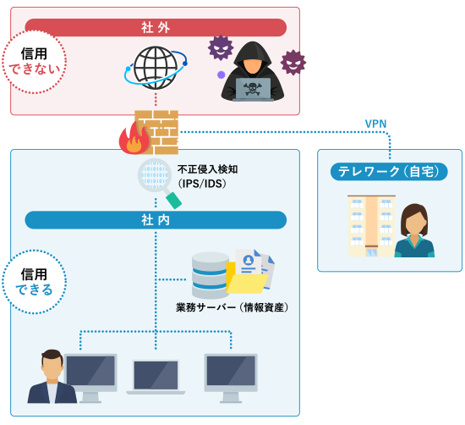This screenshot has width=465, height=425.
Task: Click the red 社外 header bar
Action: pyautogui.click(x=156, y=28)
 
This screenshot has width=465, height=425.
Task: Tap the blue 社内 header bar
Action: pyautogui.click(x=156, y=220)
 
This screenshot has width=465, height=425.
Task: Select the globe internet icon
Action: pyautogui.click(x=156, y=68)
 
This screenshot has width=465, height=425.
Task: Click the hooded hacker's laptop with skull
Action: pyautogui.click(x=253, y=89)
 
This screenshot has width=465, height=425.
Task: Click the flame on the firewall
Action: pyautogui.click(x=135, y=139)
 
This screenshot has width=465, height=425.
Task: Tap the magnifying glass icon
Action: pyautogui.click(x=159, y=183)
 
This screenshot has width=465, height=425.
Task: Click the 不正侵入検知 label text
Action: pyautogui.click(x=207, y=169)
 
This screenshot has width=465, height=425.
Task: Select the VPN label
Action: pyautogui.click(x=375, y=124)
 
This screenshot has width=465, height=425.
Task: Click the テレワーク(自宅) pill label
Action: pyautogui.click(x=389, y=172)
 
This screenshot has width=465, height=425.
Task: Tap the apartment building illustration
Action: pyautogui.click(x=372, y=226)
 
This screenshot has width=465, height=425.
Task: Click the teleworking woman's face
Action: pyautogui.click(x=414, y=222)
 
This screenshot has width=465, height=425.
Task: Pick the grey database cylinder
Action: pyautogui.click(x=211, y=275)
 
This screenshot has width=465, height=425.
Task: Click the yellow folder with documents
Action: pyautogui.click(x=249, y=272)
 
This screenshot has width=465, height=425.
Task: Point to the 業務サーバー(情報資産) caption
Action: pyautogui.click(x=232, y=307)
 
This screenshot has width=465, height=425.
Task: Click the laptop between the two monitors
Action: pyautogui.click(x=156, y=377)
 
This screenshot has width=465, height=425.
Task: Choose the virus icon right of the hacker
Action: pyautogui.click(x=293, y=63)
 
